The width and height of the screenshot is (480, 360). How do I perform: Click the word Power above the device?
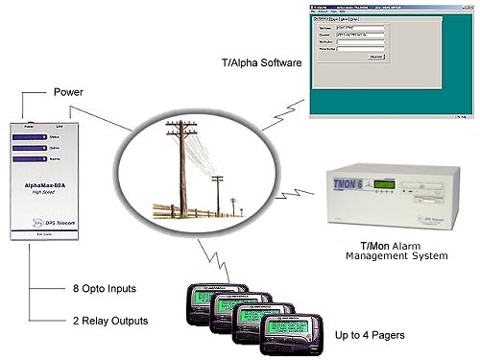pos(64,94)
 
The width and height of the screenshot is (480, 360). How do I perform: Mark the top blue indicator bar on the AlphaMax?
pos(43,137)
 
